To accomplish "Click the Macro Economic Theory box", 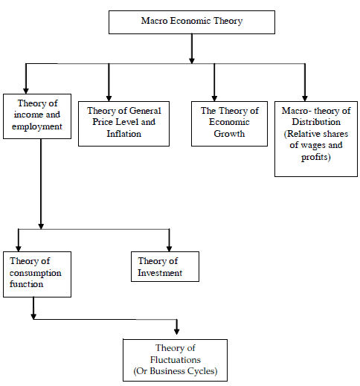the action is tap(192, 22).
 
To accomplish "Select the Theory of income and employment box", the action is tap(37, 116).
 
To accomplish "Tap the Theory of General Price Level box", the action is tap(123, 123).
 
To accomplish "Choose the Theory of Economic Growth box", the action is tap(229, 123).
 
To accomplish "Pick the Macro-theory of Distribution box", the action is tap(316, 139).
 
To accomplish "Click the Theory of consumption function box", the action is tap(37, 274).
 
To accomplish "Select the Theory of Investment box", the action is tap(165, 267).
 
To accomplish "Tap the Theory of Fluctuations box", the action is tap(176, 360).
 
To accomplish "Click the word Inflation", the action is tap(123, 134).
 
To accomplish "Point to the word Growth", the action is tap(229, 134).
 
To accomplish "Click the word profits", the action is tap(315, 157).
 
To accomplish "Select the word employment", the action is tap(37, 126).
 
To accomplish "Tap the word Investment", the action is tap(160, 273).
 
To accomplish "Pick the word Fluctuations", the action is tap(176, 360).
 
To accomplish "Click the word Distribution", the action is tap(316, 122).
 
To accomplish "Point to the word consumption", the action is tap(35, 273).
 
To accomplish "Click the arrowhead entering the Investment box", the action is tap(169, 248).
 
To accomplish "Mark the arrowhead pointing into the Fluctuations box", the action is tap(176, 332).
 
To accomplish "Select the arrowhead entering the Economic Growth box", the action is tap(214, 98).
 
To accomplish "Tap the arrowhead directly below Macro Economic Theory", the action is tap(192, 60).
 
